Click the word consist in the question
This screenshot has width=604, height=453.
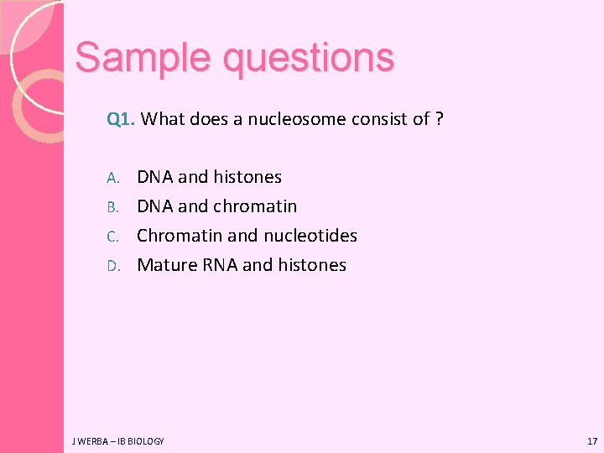pyautogui.click(x=375, y=119)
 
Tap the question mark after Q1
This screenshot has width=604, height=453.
pyautogui.click(x=440, y=119)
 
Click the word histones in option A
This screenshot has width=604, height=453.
pyautogui.click(x=247, y=177)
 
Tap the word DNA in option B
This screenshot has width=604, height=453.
pyautogui.click(x=155, y=206)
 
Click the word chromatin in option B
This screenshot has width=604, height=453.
pyautogui.click(x=255, y=206)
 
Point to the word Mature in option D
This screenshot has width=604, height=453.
pyautogui.click(x=167, y=265)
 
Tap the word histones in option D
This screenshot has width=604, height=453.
pyautogui.click(x=312, y=265)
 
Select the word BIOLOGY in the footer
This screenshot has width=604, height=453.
pyautogui.click(x=146, y=440)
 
